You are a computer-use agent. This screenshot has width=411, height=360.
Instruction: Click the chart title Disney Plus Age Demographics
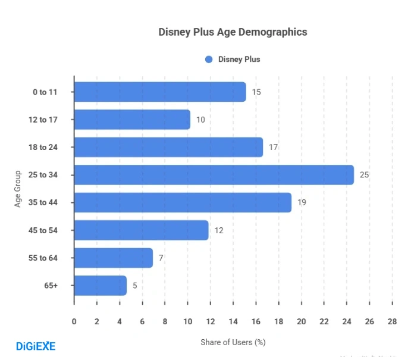(x=233, y=32)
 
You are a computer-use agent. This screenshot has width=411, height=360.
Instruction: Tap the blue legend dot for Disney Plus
(x=209, y=59)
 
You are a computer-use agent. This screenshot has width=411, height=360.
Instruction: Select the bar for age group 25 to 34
(x=214, y=175)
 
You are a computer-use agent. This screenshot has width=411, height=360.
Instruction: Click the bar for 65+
(x=101, y=286)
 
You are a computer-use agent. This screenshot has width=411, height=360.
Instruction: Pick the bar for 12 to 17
(x=132, y=120)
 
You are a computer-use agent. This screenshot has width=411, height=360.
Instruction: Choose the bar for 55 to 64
(x=114, y=258)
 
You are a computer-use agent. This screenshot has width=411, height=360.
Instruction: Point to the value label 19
(x=302, y=203)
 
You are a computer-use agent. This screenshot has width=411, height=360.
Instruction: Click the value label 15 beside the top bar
(x=256, y=92)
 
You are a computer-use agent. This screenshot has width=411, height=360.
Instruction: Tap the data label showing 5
(x=135, y=286)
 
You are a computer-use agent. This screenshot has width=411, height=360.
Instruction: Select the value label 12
(x=219, y=230)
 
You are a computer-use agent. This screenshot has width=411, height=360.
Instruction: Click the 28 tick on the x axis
(x=391, y=322)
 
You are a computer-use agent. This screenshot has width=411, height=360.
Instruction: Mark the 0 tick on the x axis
(x=74, y=322)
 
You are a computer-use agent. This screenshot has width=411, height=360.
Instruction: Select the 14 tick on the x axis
(x=233, y=322)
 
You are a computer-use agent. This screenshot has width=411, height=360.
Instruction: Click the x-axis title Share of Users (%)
(x=233, y=342)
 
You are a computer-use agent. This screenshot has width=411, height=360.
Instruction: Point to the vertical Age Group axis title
(x=18, y=189)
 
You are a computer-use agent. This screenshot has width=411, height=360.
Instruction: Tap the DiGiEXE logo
(x=35, y=345)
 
